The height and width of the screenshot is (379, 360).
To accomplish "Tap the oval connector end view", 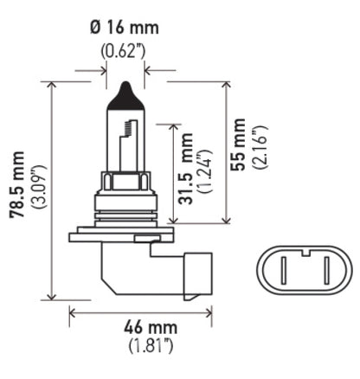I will (x=305, y=268).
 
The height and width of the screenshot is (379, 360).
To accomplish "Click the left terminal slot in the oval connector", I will (x=284, y=269).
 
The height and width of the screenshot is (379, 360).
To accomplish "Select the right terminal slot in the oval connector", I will (x=327, y=269).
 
